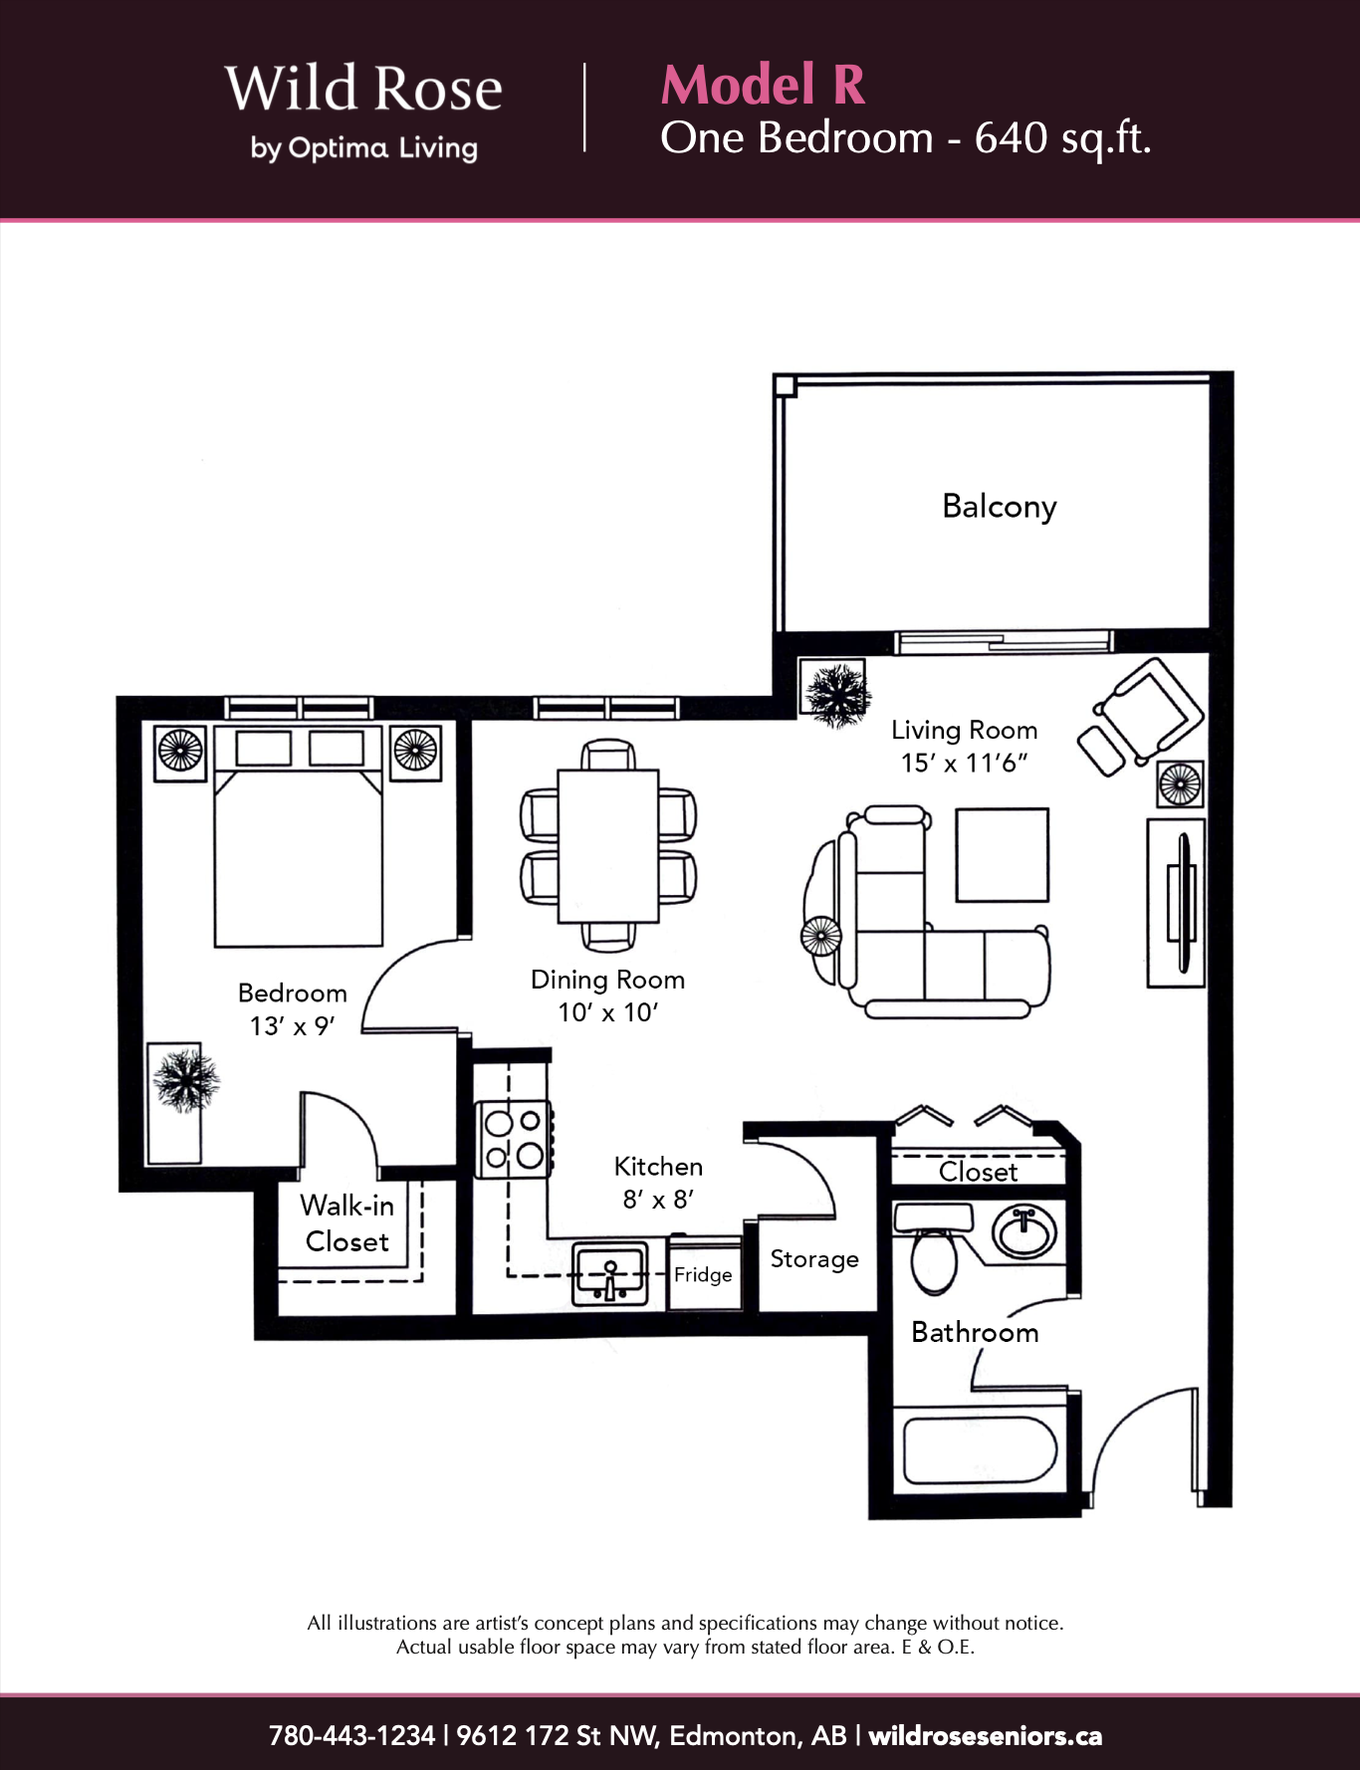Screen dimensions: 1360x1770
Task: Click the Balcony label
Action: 999,507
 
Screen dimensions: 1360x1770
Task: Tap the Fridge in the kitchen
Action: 704,1273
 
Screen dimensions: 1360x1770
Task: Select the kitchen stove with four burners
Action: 514,1139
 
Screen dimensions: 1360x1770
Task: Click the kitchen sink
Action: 610,1272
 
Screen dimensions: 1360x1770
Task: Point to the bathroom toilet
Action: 933,1248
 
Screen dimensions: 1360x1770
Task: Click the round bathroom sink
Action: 1023,1233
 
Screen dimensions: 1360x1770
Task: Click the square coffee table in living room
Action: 1003,855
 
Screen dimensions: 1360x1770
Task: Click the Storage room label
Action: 814,1259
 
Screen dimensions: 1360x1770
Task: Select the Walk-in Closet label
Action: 347,1223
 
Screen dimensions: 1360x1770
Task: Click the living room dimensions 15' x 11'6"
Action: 964,764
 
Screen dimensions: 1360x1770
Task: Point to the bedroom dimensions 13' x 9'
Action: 292,1026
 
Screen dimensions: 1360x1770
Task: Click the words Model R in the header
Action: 763,85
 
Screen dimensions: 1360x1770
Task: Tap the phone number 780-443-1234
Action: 351,1736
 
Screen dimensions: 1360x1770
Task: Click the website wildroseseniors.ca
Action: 986,1736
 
